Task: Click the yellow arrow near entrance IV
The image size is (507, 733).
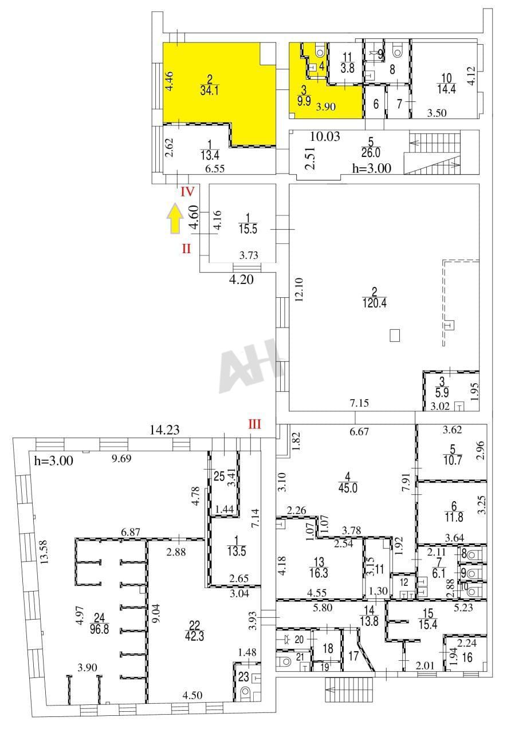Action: point(176,218)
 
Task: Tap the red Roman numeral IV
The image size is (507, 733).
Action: point(187,192)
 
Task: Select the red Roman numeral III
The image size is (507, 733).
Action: point(254,424)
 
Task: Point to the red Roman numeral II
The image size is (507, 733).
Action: point(186,249)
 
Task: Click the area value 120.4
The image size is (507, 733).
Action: point(375,303)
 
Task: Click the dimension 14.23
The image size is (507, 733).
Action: point(164,429)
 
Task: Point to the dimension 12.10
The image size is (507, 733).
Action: point(299,289)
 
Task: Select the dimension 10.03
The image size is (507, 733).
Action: point(325,136)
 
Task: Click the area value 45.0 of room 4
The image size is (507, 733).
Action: point(348,488)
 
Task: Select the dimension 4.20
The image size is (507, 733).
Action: point(241,280)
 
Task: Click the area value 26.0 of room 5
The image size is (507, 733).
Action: point(371,152)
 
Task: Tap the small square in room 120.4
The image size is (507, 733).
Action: point(395,336)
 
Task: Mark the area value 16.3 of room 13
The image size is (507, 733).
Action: point(319,573)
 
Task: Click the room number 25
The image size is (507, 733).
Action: point(219,476)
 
